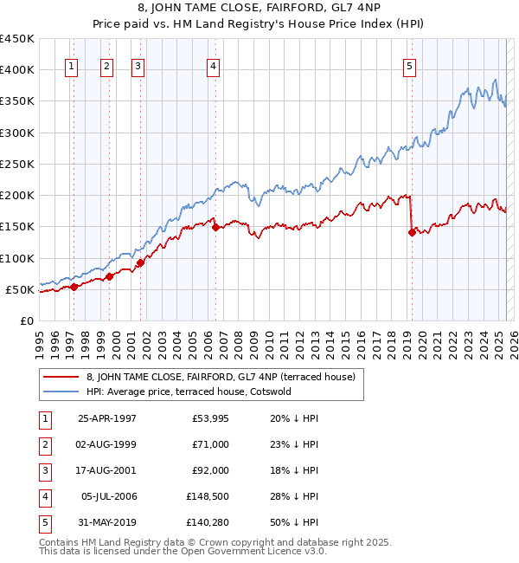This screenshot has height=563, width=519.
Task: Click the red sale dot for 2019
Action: point(412,232)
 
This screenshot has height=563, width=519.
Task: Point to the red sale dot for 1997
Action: point(74,287)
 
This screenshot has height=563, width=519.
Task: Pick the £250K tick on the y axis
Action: point(18,164)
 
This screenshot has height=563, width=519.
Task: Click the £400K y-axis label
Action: point(18,70)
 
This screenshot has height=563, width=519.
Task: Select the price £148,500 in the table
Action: point(204,497)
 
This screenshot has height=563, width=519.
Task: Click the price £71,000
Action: point(207,445)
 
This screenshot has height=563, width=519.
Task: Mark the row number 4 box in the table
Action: point(45,497)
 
